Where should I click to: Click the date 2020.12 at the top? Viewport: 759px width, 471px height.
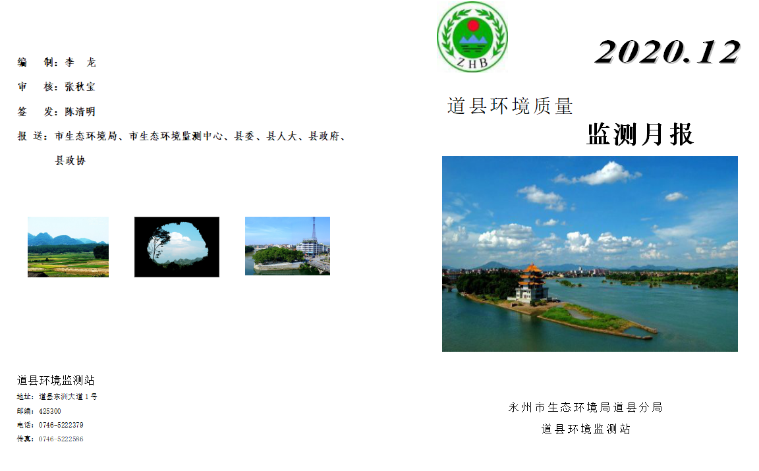(668, 52)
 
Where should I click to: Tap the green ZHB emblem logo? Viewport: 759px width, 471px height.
(472, 37)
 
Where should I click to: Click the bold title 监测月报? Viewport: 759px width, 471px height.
(640, 134)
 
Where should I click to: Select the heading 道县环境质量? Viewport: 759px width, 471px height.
(510, 106)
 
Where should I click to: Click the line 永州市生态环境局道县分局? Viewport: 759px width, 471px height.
(585, 408)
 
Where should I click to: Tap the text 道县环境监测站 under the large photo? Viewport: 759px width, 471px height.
(586, 429)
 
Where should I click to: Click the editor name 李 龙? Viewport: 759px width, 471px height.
(80, 63)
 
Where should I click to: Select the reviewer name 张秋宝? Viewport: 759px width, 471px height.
(80, 87)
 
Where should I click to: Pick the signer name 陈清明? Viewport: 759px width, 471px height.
(80, 112)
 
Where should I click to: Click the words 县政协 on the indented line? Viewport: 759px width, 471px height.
(70, 160)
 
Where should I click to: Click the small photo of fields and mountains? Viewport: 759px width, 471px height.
(69, 247)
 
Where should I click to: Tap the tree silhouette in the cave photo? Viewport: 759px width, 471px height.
(158, 244)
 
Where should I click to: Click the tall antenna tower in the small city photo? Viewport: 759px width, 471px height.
(314, 229)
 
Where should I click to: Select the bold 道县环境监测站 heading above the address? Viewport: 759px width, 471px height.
(55, 380)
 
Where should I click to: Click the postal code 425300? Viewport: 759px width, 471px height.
(50, 411)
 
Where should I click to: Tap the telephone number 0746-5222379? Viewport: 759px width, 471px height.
(61, 425)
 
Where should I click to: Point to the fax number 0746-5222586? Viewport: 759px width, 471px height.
(61, 439)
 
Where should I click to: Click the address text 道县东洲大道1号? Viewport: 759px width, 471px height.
(69, 397)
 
